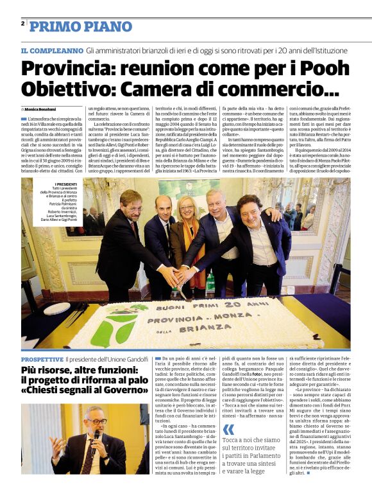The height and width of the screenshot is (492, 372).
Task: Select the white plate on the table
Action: click(x=56, y=308)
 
